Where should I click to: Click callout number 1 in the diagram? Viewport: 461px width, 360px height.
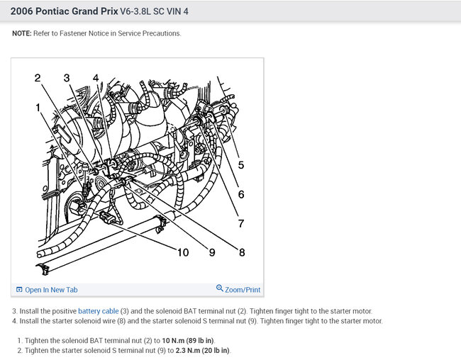click(38, 107)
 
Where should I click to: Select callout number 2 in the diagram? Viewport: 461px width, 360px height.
click(38, 78)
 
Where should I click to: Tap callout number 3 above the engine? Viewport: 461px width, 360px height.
click(67, 78)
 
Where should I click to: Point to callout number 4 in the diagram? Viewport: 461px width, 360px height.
click(96, 78)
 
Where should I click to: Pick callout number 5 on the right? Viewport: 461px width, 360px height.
click(241, 165)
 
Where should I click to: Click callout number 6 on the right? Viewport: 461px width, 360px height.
click(241, 194)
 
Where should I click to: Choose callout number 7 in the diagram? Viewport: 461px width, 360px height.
click(241, 223)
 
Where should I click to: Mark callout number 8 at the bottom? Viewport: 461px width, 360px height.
click(242, 252)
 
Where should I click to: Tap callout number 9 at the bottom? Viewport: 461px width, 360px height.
click(212, 252)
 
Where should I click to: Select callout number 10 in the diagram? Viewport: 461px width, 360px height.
click(182, 252)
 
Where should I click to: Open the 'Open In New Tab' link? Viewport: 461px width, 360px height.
click(51, 290)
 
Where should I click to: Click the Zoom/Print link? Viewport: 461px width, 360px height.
click(243, 290)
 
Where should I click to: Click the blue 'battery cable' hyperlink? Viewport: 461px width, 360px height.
click(98, 311)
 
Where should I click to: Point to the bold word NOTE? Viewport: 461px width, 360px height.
click(22, 33)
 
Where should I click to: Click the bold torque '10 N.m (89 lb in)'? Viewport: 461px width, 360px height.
click(188, 341)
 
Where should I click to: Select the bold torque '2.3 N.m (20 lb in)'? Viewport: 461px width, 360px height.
click(202, 350)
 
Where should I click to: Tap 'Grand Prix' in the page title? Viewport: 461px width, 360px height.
click(94, 11)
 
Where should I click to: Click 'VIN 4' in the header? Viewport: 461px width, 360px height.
click(177, 11)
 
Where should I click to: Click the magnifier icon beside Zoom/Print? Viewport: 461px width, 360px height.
click(220, 288)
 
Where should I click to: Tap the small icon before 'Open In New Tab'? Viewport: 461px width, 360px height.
click(19, 290)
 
